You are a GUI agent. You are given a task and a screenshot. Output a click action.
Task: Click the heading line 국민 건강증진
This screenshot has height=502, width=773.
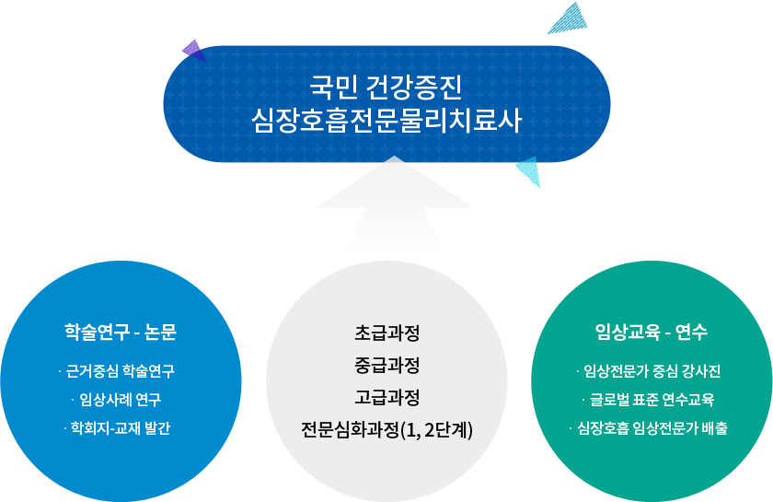click(x=386, y=87)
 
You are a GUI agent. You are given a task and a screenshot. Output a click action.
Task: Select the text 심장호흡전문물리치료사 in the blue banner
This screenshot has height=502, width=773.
click(x=386, y=121)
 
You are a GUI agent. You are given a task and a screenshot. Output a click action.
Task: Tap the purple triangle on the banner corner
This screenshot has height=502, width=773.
click(x=194, y=51)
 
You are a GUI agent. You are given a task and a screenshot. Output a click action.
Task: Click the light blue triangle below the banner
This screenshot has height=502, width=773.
click(x=529, y=170)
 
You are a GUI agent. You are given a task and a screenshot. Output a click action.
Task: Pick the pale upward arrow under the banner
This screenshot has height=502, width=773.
click(x=394, y=204)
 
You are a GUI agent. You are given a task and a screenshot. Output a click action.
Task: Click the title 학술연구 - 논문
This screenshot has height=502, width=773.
click(x=121, y=332)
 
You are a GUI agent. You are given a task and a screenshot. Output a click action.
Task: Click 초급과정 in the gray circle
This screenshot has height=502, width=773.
click(x=387, y=333)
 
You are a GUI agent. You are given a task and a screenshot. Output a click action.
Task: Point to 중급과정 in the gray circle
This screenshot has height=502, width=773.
click(x=387, y=366)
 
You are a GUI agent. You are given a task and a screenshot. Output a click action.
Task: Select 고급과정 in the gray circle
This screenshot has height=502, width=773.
click(x=387, y=397)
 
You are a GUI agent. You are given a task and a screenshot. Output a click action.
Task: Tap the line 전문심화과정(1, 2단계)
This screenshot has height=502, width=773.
click(x=387, y=430)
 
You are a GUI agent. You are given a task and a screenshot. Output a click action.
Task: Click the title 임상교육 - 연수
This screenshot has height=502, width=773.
click(x=652, y=332)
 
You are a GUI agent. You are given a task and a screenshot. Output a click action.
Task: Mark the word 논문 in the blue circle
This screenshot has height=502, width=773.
click(x=161, y=332)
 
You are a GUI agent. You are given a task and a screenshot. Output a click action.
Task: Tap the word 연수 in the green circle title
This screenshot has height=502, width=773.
click(x=692, y=332)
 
